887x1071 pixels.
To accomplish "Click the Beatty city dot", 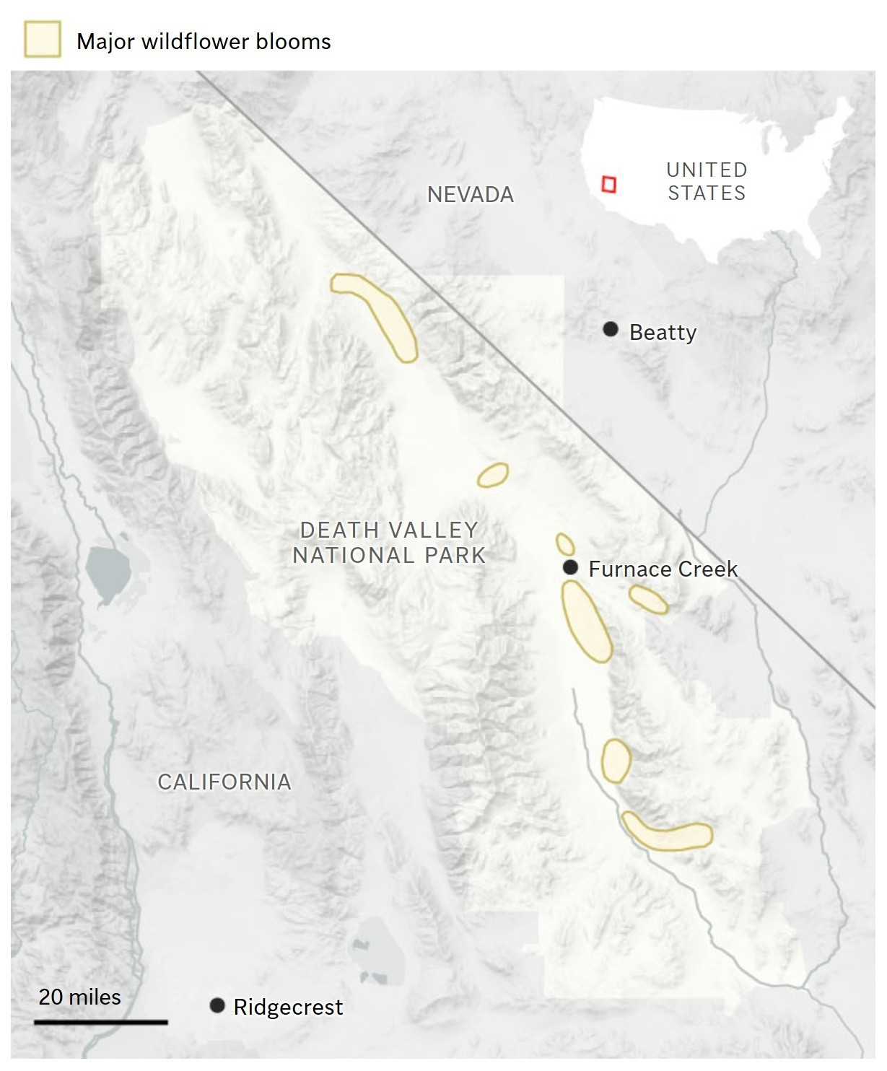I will pyautogui.click(x=611, y=330).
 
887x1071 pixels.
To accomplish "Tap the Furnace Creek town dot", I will pyautogui.click(x=570, y=567).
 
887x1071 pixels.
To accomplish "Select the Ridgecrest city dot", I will pyautogui.click(x=217, y=1005).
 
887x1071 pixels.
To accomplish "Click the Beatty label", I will pyautogui.click(x=663, y=333).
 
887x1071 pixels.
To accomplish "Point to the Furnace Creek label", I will pyautogui.click(x=663, y=569).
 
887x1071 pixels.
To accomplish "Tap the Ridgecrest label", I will pyautogui.click(x=288, y=1007).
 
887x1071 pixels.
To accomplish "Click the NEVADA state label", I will pyautogui.click(x=471, y=194).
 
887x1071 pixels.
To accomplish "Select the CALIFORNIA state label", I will pyautogui.click(x=224, y=782).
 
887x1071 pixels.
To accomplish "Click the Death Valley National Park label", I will pyautogui.click(x=389, y=543).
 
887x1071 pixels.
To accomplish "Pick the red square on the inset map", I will pyautogui.click(x=608, y=184).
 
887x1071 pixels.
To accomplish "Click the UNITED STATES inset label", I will pyautogui.click(x=706, y=181).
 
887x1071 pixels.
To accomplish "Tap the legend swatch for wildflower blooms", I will pyautogui.click(x=43, y=39).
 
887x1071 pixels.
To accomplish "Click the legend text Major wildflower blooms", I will pyautogui.click(x=204, y=42).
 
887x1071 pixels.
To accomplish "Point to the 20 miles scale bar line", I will pyautogui.click(x=101, y=1022).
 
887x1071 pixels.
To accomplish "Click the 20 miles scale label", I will pyautogui.click(x=79, y=997).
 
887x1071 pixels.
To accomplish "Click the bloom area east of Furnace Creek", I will pyautogui.click(x=648, y=599).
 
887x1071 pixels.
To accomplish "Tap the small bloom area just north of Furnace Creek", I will pyautogui.click(x=564, y=543).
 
